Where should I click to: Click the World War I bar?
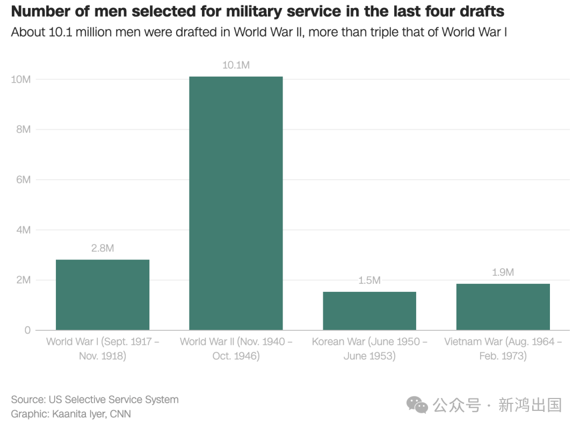click(103, 294)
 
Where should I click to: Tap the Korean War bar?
click(369, 311)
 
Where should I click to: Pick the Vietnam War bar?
click(503, 306)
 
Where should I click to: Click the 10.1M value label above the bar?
click(236, 65)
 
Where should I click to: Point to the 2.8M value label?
click(103, 248)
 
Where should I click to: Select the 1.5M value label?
click(369, 281)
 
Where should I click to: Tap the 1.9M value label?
click(503, 272)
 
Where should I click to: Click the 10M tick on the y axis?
click(20, 79)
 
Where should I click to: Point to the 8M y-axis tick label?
click(23, 130)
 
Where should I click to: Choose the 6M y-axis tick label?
click(23, 180)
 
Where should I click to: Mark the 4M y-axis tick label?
click(23, 230)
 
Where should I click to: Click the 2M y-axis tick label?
click(23, 280)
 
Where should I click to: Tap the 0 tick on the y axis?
click(28, 330)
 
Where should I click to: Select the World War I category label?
click(103, 349)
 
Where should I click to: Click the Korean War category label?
click(369, 349)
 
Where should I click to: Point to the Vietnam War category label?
click(503, 349)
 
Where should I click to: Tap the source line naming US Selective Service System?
click(95, 400)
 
